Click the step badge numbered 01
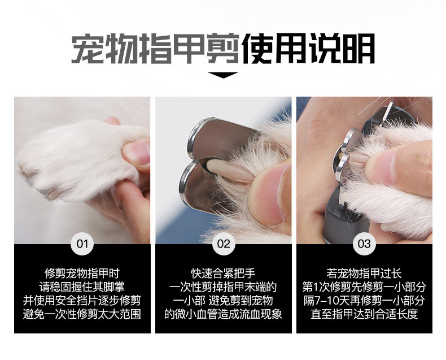point(82,244)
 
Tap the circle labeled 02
point(224,244)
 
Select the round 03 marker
point(364,244)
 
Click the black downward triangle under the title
point(223,75)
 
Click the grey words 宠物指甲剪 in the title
point(155,49)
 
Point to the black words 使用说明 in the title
point(308,49)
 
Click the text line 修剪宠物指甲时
point(82,274)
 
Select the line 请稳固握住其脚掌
point(82,287)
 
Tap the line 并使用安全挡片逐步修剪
point(82,301)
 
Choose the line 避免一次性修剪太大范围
point(82,314)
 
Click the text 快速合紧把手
point(224,274)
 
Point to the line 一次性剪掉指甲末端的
point(224,287)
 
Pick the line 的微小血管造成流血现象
point(224,314)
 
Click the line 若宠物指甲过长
point(364,274)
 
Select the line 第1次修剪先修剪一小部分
point(364,287)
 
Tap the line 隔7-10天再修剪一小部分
point(364,301)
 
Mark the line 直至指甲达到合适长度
point(364,314)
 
